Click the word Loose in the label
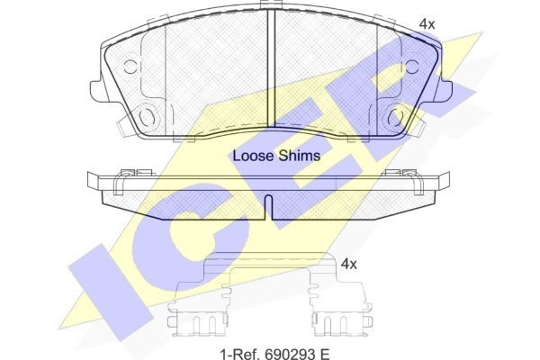[254, 156]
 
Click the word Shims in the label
[300, 156]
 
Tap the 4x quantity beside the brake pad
[427, 24]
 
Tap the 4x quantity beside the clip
[348, 265]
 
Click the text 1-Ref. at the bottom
[240, 354]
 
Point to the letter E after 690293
[326, 354]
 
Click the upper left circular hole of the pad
[130, 67]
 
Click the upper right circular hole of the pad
[412, 67]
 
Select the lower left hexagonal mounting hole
[147, 117]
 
